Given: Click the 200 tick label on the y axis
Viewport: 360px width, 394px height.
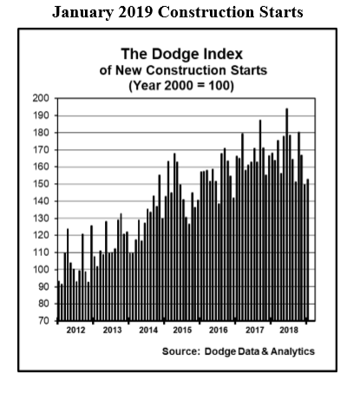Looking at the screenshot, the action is [41, 98].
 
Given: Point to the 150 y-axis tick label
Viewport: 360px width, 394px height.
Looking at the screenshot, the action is [41, 184].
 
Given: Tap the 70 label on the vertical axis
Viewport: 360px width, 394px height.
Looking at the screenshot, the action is [43, 321].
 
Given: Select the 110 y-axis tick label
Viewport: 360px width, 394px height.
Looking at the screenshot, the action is [41, 253].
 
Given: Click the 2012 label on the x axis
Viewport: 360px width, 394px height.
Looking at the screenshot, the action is [75, 330].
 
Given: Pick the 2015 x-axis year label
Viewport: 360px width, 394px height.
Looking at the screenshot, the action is [182, 330].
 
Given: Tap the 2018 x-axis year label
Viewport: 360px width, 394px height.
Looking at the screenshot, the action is [289, 330].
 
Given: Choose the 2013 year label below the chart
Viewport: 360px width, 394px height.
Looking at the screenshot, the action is [112, 330].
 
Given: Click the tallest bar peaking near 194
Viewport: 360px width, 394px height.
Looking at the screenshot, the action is [287, 214].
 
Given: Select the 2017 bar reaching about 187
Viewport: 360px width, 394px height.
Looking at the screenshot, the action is [260, 220].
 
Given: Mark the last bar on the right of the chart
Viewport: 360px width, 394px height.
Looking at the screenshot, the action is [308, 250].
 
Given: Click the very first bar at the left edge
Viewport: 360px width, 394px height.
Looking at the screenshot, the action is [59, 300].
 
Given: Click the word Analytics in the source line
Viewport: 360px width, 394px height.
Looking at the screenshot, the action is [292, 351].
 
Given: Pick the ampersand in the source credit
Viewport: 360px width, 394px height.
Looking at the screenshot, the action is [265, 351].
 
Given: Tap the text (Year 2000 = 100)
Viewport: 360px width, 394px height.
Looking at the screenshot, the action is [181, 86].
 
